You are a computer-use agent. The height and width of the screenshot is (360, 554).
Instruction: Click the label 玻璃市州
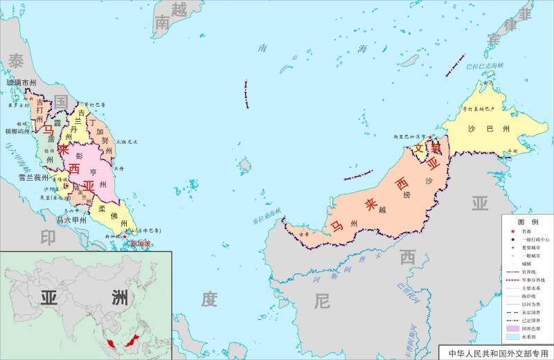click(x=21, y=83)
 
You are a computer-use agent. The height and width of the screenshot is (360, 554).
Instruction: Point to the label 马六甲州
click(x=72, y=220)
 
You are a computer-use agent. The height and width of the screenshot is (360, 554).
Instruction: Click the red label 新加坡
click(x=144, y=244)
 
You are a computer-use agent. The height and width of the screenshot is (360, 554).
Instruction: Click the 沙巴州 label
click(x=479, y=129)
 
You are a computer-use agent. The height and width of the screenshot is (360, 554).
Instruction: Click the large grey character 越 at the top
click(x=179, y=9)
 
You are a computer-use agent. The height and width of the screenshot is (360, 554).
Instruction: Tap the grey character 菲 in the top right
click(x=526, y=15)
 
